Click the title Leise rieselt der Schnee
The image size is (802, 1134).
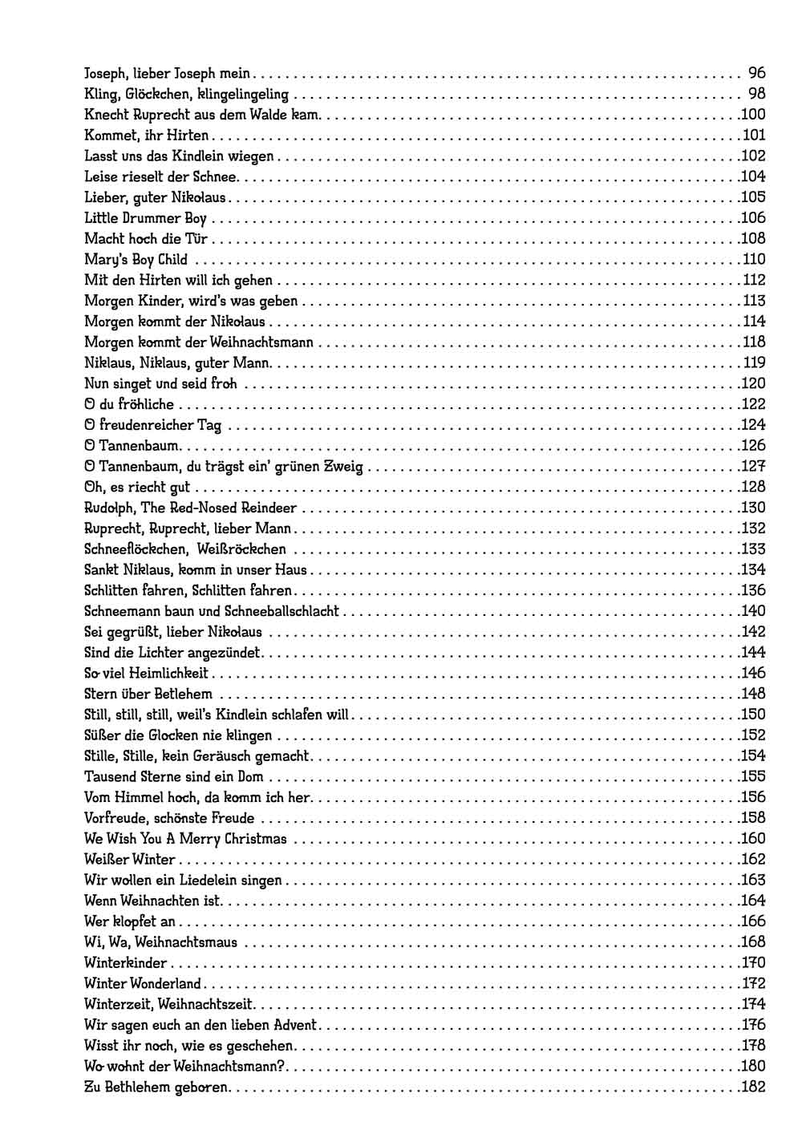pyautogui.click(x=160, y=176)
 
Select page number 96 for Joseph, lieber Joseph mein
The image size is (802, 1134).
pyautogui.click(x=756, y=73)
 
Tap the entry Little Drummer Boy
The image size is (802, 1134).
pyautogui.click(x=145, y=218)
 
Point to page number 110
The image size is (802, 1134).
pyautogui.click(x=753, y=259)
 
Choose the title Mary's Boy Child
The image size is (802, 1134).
pyautogui.click(x=136, y=259)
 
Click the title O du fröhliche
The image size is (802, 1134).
pyautogui.click(x=128, y=404)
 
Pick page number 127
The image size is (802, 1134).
pyautogui.click(x=753, y=467)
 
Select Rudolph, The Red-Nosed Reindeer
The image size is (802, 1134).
pyautogui.click(x=190, y=508)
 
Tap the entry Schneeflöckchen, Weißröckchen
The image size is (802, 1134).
pyautogui.click(x=184, y=549)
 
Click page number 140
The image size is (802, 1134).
pyautogui.click(x=753, y=611)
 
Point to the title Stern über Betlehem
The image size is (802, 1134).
pyautogui.click(x=148, y=694)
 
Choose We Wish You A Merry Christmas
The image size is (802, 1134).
pyautogui.click(x=185, y=839)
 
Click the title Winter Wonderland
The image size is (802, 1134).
pyautogui.click(x=143, y=983)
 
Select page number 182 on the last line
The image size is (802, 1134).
pyautogui.click(x=753, y=1087)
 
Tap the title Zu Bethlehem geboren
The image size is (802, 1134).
pyautogui.click(x=156, y=1087)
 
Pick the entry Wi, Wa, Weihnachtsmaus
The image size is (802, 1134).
pyautogui.click(x=160, y=942)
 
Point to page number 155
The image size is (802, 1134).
pyautogui.click(x=753, y=776)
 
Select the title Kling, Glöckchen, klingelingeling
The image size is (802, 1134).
pyautogui.click(x=186, y=94)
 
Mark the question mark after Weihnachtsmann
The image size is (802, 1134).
pyautogui.click(x=289, y=1067)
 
